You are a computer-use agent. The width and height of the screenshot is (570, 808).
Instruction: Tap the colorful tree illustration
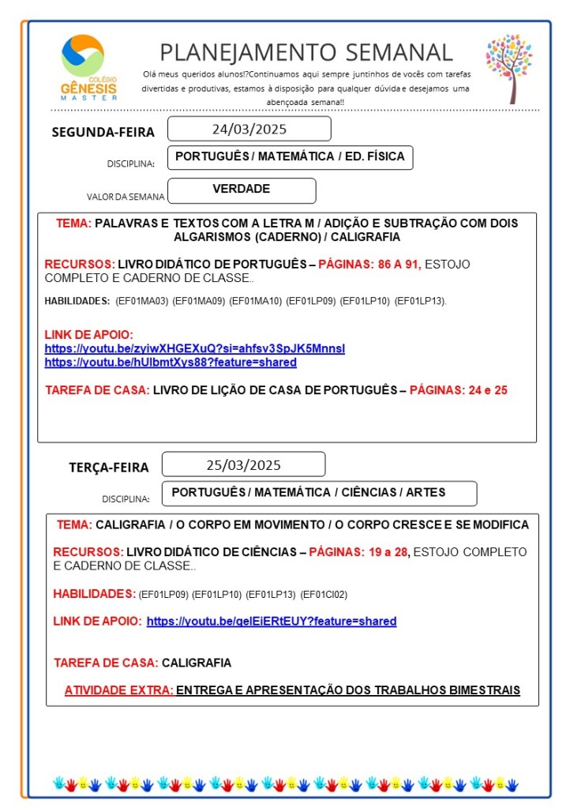click(x=509, y=68)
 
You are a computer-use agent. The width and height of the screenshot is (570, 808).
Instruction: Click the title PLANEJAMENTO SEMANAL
click(x=306, y=52)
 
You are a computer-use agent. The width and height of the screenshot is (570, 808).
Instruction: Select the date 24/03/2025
click(x=249, y=129)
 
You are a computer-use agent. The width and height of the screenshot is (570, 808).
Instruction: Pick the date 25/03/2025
click(x=243, y=464)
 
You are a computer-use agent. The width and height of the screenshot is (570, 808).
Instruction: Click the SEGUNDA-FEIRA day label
click(x=103, y=132)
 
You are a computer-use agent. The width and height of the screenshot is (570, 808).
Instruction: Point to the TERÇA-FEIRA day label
click(x=108, y=467)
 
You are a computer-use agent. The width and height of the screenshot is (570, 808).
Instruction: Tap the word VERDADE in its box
click(x=242, y=190)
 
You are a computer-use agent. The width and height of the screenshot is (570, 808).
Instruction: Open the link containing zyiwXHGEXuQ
click(x=195, y=348)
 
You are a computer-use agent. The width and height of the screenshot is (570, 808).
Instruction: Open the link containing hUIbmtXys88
click(x=171, y=363)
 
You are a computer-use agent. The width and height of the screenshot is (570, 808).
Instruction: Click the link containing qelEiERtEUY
click(x=272, y=622)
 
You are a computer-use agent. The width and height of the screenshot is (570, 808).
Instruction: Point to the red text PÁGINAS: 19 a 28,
click(x=359, y=552)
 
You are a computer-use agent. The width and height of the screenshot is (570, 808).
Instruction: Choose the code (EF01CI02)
click(x=324, y=594)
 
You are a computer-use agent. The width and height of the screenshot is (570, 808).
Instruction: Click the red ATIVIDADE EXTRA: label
click(x=118, y=690)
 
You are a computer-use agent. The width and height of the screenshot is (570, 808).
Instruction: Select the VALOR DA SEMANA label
click(x=126, y=197)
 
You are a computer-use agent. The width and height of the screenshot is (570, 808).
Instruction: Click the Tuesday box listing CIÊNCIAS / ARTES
click(x=319, y=493)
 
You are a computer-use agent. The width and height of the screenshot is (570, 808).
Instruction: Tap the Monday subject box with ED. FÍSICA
click(x=290, y=157)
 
